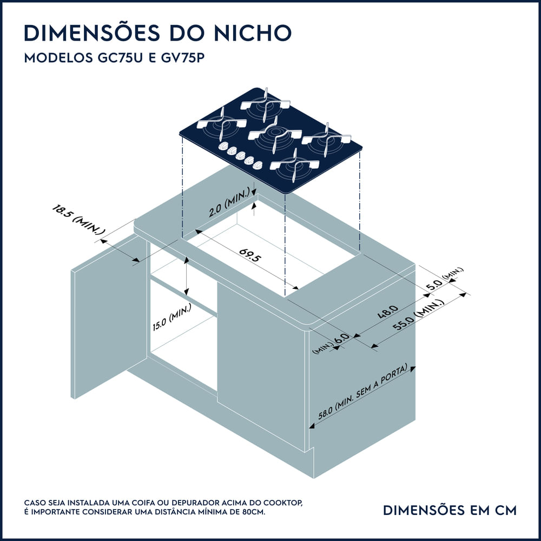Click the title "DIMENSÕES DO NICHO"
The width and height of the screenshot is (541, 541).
[157, 33]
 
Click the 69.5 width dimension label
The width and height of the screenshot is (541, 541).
[250, 255]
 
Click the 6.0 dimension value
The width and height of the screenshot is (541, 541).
[341, 339]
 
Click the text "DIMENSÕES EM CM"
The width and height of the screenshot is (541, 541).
[449, 510]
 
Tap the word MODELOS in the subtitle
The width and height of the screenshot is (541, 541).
[52, 59]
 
